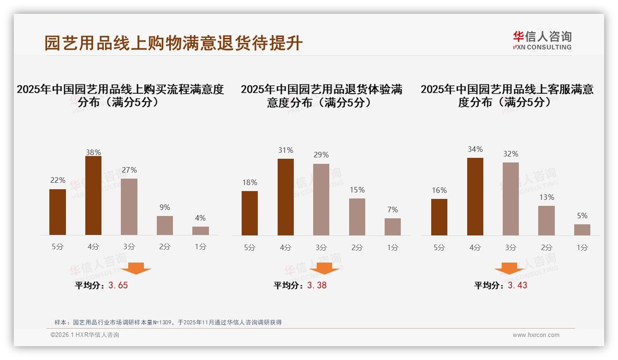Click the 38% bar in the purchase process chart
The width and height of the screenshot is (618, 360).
pyautogui.click(x=93, y=196)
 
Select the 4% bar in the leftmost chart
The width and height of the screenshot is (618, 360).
pyautogui.click(x=201, y=231)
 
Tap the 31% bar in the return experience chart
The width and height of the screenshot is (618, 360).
pyautogui.click(x=285, y=197)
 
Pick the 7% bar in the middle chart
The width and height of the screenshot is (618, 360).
pyautogui.click(x=392, y=227)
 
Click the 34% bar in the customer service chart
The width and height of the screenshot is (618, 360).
pyautogui.click(x=475, y=197)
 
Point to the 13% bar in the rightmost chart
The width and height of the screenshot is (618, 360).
pyautogui.click(x=547, y=221)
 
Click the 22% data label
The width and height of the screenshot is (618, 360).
pyautogui.click(x=58, y=180)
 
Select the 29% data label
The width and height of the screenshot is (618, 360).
pyautogui.click(x=321, y=155)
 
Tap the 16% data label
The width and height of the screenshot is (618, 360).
pyautogui.click(x=439, y=190)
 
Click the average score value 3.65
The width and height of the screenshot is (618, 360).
pyautogui.click(x=118, y=285)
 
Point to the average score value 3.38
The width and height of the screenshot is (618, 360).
pyautogui.click(x=317, y=285)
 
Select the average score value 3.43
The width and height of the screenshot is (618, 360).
pyautogui.click(x=517, y=285)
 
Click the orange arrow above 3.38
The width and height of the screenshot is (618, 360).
pyautogui.click(x=324, y=268)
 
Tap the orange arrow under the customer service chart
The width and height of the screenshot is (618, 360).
pyautogui.click(x=509, y=268)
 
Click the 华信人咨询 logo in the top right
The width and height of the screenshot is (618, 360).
pyautogui.click(x=542, y=40)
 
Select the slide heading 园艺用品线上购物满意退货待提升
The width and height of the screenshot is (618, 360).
pyautogui.click(x=173, y=43)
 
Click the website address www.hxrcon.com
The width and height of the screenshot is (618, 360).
pyautogui.click(x=536, y=335)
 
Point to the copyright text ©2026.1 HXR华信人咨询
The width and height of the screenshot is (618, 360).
pyautogui.click(x=85, y=335)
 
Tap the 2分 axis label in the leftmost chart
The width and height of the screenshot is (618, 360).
pyautogui.click(x=165, y=247)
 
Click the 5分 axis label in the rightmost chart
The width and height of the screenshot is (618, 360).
pyautogui.click(x=439, y=248)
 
